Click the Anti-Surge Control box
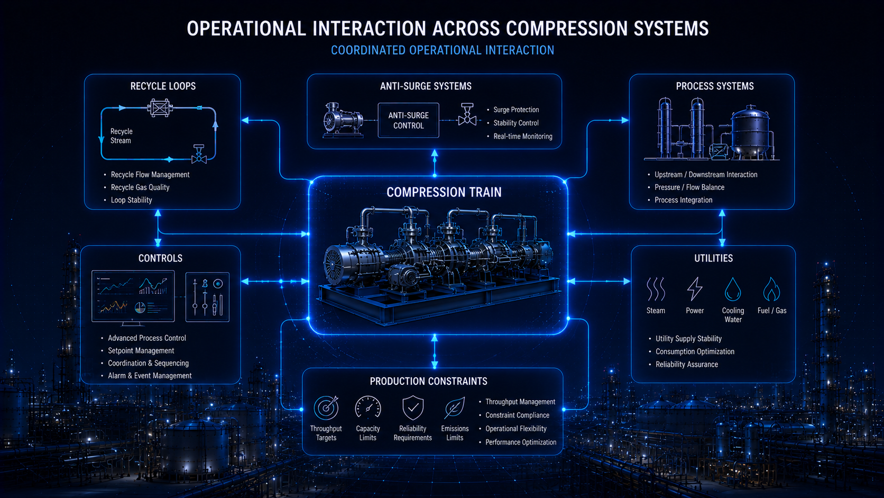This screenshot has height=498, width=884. pos(409,121)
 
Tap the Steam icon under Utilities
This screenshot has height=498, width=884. pos(656,289)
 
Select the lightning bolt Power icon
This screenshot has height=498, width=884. pos(695,288)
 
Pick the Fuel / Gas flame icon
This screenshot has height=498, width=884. pos(771,289)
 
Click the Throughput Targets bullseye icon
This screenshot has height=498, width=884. pos(326,408)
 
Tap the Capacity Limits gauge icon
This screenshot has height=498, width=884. pos(368,407)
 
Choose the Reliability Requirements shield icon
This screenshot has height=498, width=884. pos(413,408)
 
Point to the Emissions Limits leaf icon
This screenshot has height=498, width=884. pos(455,408)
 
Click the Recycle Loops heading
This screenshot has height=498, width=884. pos(163,86)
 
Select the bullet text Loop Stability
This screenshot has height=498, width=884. pos(132,200)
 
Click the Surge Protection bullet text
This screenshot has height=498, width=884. pos(516,110)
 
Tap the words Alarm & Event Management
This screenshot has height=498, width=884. pos(150,376)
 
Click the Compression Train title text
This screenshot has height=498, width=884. pos(444,192)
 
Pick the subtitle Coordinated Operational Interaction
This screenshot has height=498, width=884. pos(443,50)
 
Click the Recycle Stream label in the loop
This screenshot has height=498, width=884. pos(121,136)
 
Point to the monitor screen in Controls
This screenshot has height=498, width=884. pos(133,296)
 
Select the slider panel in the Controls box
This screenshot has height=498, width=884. pos(208,297)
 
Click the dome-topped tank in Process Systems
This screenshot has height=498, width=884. pos(750,132)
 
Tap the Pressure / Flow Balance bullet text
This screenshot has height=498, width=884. pos(689,187)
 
